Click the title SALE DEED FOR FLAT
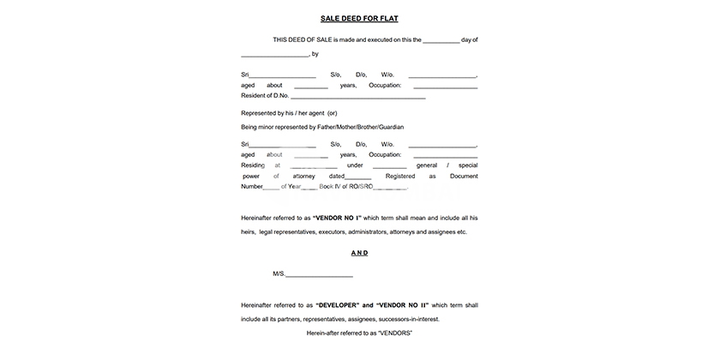(x=359, y=17)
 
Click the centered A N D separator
(x=359, y=253)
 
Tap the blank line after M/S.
(x=319, y=274)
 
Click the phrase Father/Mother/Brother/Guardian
(x=360, y=127)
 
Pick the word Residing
(x=254, y=165)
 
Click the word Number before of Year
(x=252, y=186)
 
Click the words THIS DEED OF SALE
(x=301, y=39)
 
